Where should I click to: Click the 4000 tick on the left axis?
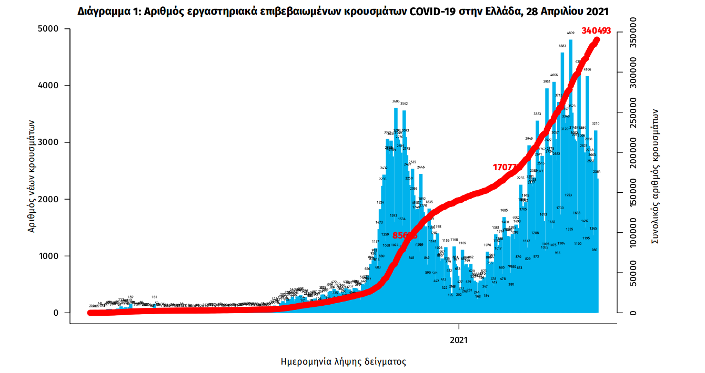click(50, 85)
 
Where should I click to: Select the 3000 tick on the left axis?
click(50, 142)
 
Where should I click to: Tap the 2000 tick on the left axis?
click(50, 199)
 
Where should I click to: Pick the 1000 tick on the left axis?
click(50, 256)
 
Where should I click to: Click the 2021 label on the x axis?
click(459, 340)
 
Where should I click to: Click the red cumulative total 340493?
click(596, 30)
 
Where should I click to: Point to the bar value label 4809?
click(570, 33)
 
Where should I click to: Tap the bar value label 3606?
click(396, 101)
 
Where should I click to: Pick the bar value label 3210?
click(596, 124)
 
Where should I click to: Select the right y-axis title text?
click(656, 175)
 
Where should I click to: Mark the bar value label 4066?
click(554, 76)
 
